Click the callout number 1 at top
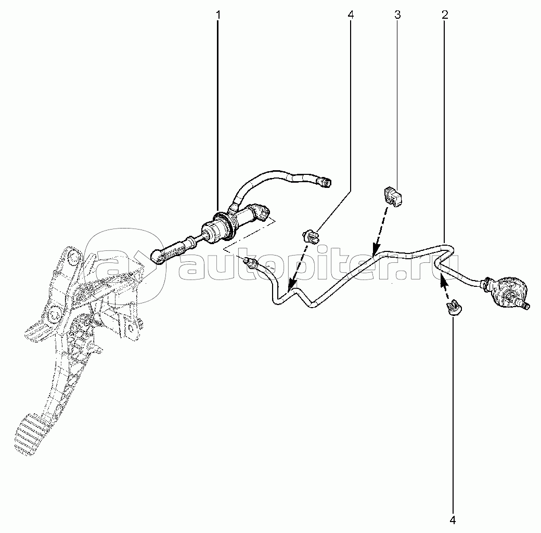click(x=218, y=15)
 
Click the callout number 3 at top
click(x=397, y=15)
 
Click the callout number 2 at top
click(x=445, y=15)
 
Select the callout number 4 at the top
click(x=351, y=15)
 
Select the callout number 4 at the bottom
click(x=453, y=520)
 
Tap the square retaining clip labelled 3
click(x=393, y=197)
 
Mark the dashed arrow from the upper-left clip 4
click(x=298, y=266)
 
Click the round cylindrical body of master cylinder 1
click(x=216, y=229)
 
